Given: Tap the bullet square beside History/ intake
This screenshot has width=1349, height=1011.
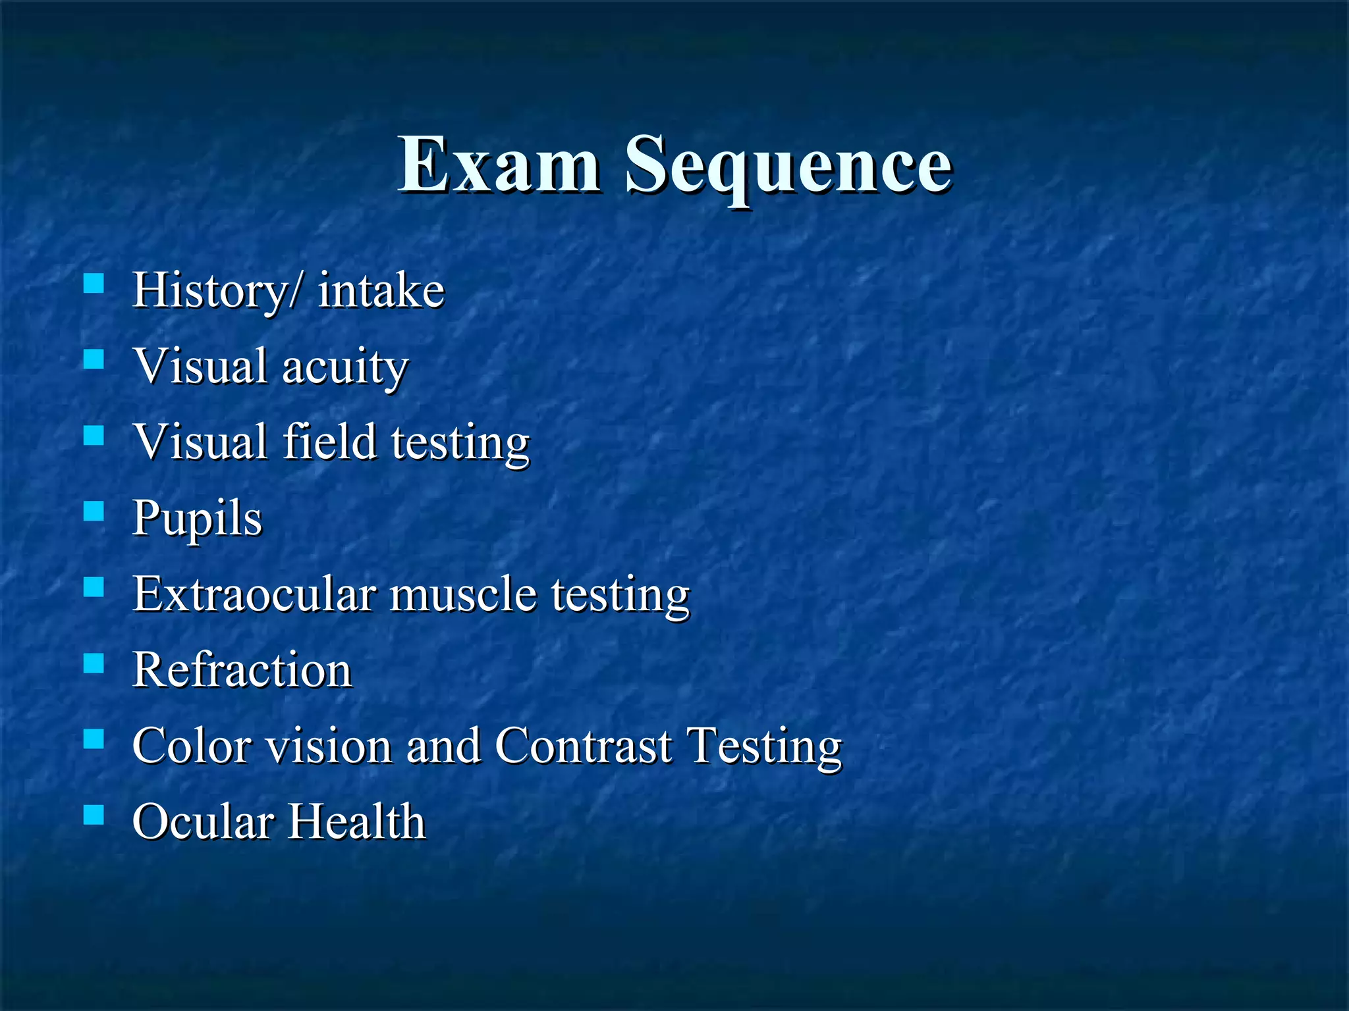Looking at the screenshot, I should (94, 283).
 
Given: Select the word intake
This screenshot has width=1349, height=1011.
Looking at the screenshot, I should (381, 290).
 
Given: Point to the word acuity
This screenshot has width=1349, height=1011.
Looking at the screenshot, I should (345, 367).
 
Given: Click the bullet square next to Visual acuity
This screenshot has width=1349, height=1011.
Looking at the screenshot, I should (94, 359).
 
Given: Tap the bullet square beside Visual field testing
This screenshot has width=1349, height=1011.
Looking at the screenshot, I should (94, 435).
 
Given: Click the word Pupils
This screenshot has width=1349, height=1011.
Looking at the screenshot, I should (197, 519).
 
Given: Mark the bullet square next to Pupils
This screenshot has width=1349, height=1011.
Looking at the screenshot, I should (94, 511).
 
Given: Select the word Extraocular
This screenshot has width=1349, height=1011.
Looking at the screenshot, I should (255, 594).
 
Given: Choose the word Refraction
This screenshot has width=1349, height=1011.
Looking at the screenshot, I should (242, 670).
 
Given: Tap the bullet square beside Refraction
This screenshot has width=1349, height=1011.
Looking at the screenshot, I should (94, 663).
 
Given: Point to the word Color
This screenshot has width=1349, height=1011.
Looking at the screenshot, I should (192, 746).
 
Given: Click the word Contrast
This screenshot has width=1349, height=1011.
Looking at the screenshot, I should (584, 746).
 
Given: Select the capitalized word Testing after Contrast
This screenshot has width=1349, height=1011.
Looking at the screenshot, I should (764, 747).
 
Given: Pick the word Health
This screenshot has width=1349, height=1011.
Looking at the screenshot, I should (357, 821).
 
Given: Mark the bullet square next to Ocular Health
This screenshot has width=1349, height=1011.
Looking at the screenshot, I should (94, 815).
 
